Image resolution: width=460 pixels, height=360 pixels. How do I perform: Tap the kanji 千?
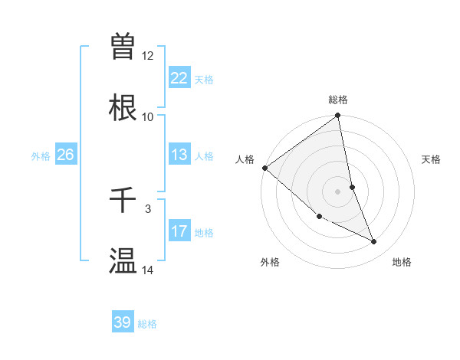click(123, 201)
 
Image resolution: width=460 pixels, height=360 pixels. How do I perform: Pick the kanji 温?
click(123, 260)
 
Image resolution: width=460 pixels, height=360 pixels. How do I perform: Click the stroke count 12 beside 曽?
click(148, 56)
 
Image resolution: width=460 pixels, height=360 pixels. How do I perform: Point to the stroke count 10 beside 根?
click(148, 117)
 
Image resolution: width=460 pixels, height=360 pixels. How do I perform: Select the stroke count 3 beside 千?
click(148, 208)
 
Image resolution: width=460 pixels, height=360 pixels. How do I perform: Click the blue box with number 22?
click(179, 77)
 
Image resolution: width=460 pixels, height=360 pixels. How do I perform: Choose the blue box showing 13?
click(179, 155)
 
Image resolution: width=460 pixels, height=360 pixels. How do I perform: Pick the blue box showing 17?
click(179, 231)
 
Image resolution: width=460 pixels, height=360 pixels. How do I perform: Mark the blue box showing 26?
click(65, 155)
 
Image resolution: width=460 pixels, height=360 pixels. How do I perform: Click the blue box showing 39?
click(123, 322)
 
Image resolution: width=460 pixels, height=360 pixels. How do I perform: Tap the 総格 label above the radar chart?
click(338, 100)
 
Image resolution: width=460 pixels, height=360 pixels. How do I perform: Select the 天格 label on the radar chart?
click(432, 159)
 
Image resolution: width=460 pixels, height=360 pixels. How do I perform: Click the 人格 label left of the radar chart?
click(245, 159)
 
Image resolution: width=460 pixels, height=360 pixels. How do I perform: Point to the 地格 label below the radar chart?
click(402, 262)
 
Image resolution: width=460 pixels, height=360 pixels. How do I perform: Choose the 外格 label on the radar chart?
click(270, 262)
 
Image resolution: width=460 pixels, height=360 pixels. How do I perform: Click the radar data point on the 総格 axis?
click(338, 116)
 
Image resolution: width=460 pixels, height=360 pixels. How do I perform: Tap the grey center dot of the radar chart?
click(338, 191)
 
